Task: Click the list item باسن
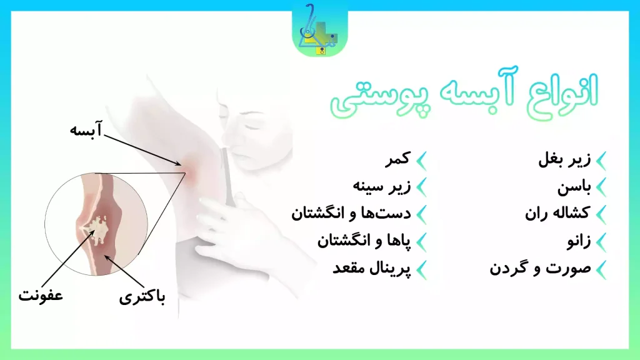[x=574, y=187]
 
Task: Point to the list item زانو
[x=576, y=241]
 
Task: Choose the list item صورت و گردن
[x=540, y=268]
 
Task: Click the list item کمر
[x=396, y=160]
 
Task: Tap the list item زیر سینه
[x=381, y=187]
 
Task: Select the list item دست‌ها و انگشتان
[x=351, y=213]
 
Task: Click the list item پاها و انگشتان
[x=364, y=241]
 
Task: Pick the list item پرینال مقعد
[x=371, y=268]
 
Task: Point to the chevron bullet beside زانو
[x=601, y=241]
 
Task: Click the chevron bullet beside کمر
[x=422, y=161]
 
